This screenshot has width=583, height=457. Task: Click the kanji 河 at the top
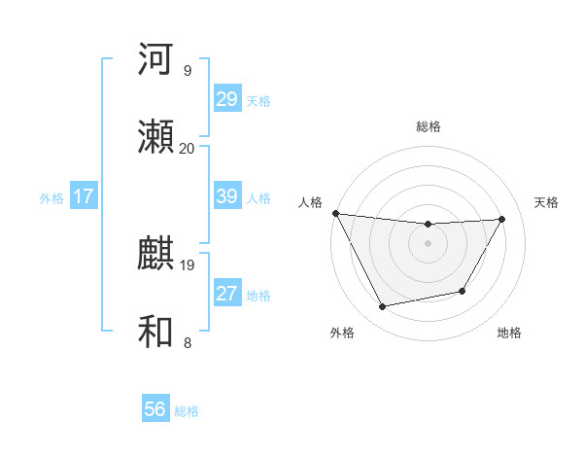[156, 59]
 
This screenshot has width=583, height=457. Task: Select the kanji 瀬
[156, 137]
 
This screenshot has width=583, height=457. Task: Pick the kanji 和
[156, 332]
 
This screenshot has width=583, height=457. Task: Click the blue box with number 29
[227, 99]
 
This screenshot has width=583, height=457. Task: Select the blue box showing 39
[227, 196]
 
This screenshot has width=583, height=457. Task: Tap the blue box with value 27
[227, 294]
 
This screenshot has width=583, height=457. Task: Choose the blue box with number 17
[83, 196]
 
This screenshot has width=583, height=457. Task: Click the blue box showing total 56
[155, 409]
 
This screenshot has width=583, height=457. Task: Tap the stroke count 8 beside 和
[188, 342]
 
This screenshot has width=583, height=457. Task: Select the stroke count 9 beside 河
[188, 71]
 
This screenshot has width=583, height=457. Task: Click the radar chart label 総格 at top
[429, 126]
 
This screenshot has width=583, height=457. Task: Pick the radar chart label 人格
[311, 202]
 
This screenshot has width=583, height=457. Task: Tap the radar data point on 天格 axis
[502, 219]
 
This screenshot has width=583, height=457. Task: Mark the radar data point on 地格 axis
[463, 291]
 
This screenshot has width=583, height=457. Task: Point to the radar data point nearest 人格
[335, 213]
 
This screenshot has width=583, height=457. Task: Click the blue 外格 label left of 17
[51, 197]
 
